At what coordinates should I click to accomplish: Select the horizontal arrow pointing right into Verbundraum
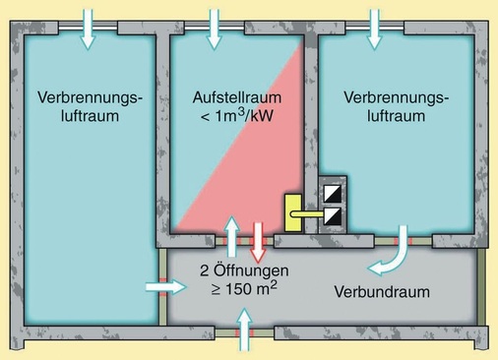pyautogui.click(x=161, y=287)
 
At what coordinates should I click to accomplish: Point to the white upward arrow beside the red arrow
pyautogui.click(x=232, y=237)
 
